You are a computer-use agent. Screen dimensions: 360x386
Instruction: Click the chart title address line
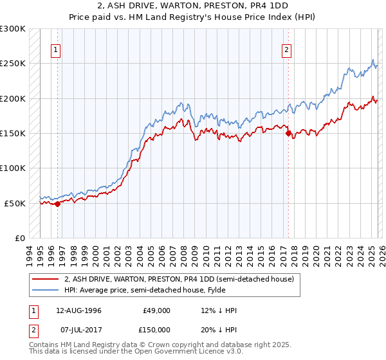click(x=193, y=6)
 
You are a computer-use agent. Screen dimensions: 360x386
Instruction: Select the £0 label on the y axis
click(x=19, y=238)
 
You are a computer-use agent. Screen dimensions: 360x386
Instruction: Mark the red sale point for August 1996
click(x=57, y=204)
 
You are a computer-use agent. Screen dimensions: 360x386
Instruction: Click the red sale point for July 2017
click(x=288, y=134)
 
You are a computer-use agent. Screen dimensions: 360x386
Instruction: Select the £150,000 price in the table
click(x=157, y=330)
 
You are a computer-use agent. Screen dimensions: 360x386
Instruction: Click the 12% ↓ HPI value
click(x=219, y=310)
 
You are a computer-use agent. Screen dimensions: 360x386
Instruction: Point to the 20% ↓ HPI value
click(x=219, y=330)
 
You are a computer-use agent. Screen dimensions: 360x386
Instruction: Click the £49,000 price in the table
click(x=157, y=310)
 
